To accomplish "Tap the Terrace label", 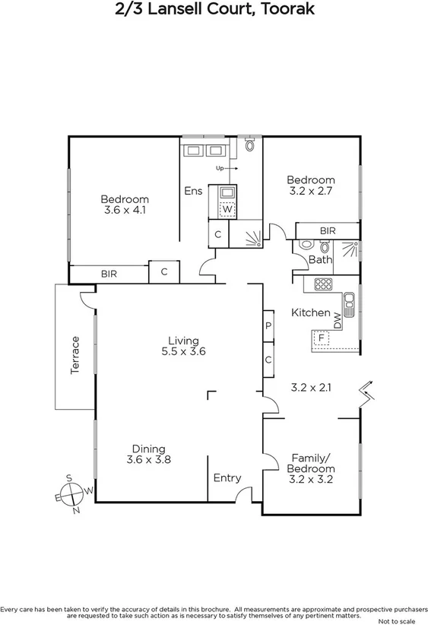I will coord(75,354).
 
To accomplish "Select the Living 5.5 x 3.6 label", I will coord(183,346).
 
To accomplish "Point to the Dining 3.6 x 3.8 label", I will coord(148,454).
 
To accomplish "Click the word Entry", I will coord(227,477).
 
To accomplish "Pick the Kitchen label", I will coord(311,312).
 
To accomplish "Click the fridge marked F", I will coord(322,338).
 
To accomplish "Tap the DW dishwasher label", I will coord(338,319).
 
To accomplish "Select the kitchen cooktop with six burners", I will coord(322,285).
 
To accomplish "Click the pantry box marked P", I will coord(268,325).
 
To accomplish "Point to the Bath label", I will coord(320,260).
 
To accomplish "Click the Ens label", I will coord(193,191).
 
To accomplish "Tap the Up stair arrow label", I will coord(221,168).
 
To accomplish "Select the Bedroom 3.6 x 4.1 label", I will coord(125,205).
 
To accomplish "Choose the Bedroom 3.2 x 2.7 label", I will coord(310,186).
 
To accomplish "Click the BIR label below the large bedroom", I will coord(109,274).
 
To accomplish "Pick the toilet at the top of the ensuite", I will coord(249,144).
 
